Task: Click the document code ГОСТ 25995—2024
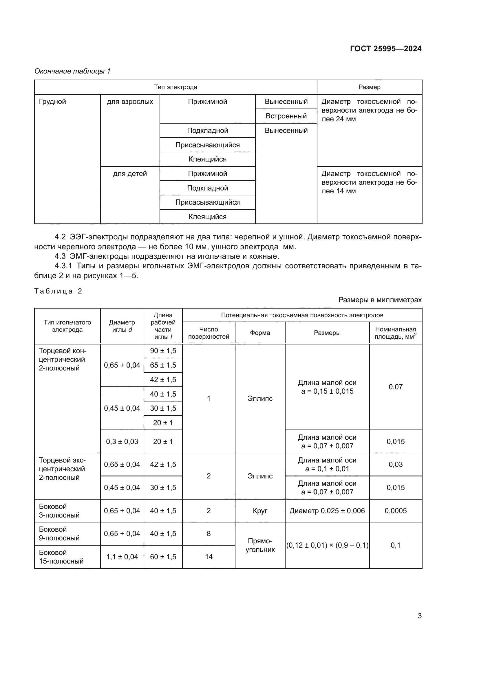coord(385,49)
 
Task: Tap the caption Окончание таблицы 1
coord(72,71)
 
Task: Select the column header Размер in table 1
coord(369,87)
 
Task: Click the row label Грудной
coord(52,102)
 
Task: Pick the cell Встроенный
coord(286,116)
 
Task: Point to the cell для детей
coord(130,174)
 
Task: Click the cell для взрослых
coord(130,102)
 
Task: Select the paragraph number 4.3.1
coord(63,266)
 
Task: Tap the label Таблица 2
coord(58,291)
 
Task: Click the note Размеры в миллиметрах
coord(380,300)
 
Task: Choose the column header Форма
coord(260,333)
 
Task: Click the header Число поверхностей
coord(209,333)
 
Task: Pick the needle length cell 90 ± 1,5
coord(163,351)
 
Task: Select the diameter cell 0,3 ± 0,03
coord(122,441)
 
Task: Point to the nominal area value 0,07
coord(396,387)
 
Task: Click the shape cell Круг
coord(260,511)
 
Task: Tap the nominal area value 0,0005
coord(396,511)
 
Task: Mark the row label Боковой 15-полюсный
coord(61,557)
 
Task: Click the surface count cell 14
coord(209,557)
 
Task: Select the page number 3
coord(419,616)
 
